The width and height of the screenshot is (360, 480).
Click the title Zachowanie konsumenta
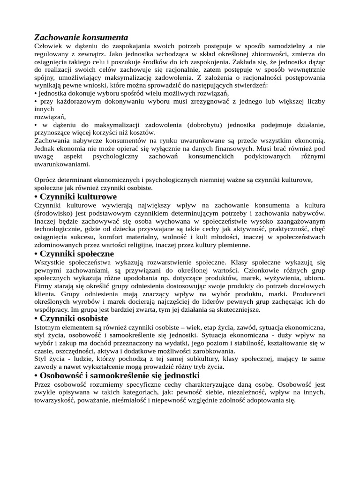click(81, 37)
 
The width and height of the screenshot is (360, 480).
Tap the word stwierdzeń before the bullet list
click(249, 86)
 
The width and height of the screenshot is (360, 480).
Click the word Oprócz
click(46, 180)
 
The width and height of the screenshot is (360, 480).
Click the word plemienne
click(233, 245)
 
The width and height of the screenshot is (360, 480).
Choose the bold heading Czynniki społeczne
click(77, 254)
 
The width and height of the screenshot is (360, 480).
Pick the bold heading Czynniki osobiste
click(74, 319)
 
